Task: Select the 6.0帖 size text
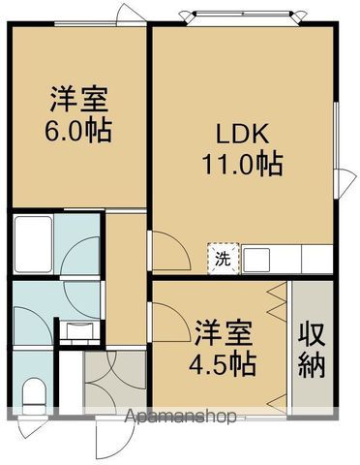click(79, 128)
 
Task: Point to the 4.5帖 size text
click(224, 364)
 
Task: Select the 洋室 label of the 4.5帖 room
click(224, 335)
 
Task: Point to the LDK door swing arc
click(166, 255)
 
